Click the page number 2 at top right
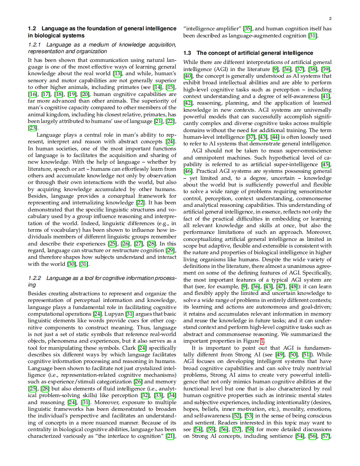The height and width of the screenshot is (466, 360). coord(330,19)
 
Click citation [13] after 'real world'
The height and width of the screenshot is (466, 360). coord(117,74)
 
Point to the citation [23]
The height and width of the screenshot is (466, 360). coord(32,128)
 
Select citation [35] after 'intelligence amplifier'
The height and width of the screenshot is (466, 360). coord(247,29)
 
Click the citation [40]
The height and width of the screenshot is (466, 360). coord(187,76)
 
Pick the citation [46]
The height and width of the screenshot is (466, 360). coord(188,171)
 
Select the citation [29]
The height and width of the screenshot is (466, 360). coord(170,250)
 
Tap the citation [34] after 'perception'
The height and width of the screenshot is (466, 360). coord(172,395)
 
